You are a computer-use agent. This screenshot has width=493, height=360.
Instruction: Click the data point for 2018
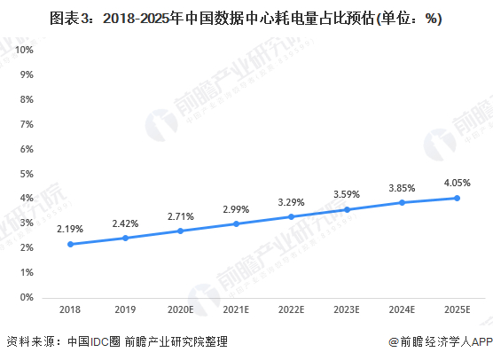pos(69,244)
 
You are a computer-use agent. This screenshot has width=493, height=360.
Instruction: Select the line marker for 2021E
pos(237,223)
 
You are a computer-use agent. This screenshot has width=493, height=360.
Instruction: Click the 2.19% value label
pos(69,229)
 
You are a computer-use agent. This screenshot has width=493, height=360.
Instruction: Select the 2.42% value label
pos(125,223)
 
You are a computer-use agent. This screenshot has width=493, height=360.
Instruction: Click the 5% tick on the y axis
pos(27,174)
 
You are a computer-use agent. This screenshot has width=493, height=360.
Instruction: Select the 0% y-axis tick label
pos(27,298)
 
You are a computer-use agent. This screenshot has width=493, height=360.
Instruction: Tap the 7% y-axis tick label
pos(27,124)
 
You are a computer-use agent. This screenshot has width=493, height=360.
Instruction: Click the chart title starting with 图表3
pos(246,17)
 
